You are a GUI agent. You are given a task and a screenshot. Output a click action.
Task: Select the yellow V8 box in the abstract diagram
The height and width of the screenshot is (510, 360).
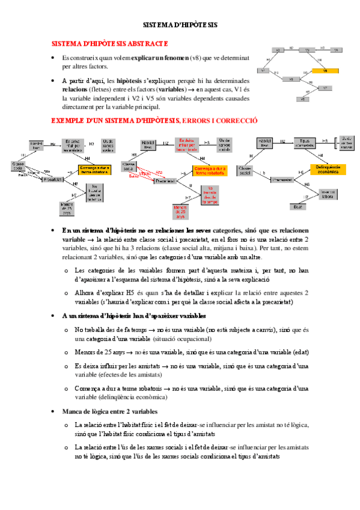point(325,70)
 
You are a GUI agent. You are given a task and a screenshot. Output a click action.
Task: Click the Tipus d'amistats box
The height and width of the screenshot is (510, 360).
point(307,144)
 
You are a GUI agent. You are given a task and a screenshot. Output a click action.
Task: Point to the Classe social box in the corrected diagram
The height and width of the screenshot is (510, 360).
point(246,171)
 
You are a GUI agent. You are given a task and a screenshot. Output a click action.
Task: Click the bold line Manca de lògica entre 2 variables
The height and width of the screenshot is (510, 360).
point(110,411)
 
